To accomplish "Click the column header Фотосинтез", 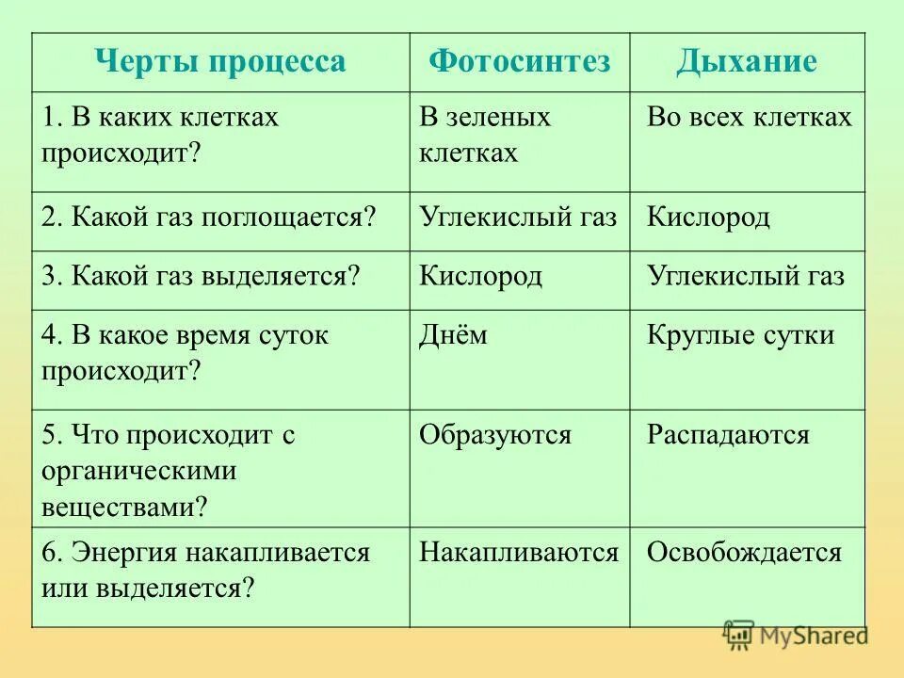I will (x=520, y=62).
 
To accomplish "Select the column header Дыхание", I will (x=746, y=62).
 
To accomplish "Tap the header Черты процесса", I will (x=220, y=62).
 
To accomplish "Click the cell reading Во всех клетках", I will (x=749, y=118).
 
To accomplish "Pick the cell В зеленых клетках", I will (x=485, y=134).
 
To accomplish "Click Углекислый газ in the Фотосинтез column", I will (x=518, y=218).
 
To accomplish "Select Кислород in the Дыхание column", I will (x=708, y=218).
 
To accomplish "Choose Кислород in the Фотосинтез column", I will (x=481, y=277).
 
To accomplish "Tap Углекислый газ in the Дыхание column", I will (x=746, y=277).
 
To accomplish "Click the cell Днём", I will (x=454, y=335).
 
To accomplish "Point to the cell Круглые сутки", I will (x=740, y=335).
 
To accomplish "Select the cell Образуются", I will (x=495, y=435).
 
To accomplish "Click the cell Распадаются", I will (x=728, y=435).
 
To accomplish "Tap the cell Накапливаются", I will (x=519, y=553).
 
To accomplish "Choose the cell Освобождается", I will (x=744, y=553).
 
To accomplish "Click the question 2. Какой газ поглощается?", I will (x=208, y=218).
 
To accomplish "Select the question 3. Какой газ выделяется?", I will (x=202, y=277).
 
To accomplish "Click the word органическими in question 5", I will (x=138, y=471).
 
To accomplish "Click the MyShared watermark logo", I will (x=796, y=636).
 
